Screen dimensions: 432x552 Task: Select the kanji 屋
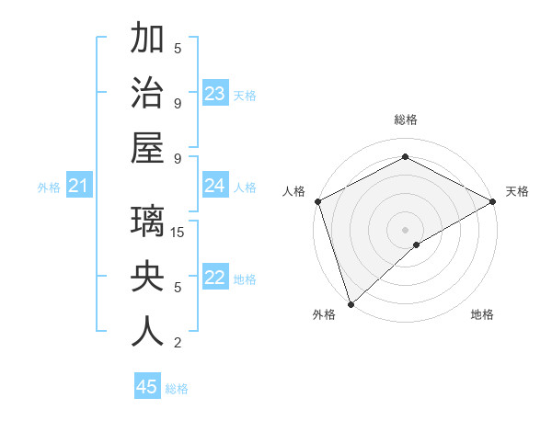[147, 148]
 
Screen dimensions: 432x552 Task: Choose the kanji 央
[147, 278]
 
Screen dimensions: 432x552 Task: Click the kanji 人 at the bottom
[147, 332]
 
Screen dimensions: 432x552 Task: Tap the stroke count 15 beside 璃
[178, 232]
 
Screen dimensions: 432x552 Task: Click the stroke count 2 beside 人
[178, 343]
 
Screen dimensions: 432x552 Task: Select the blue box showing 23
[215, 93]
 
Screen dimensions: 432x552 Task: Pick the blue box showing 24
[215, 186]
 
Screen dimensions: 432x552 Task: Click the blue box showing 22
[215, 278]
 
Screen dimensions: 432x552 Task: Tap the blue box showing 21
[78, 186]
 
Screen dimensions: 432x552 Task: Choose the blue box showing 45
[147, 387]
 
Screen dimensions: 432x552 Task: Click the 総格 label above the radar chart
[405, 120]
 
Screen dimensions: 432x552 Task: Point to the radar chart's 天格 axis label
[517, 191]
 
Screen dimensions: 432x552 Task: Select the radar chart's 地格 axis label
[482, 314]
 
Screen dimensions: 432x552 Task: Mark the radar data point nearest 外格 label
[351, 304]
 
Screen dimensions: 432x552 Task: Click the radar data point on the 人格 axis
[316, 200]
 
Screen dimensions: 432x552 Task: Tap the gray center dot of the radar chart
[405, 229]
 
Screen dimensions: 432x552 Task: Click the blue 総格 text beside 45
[178, 389]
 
